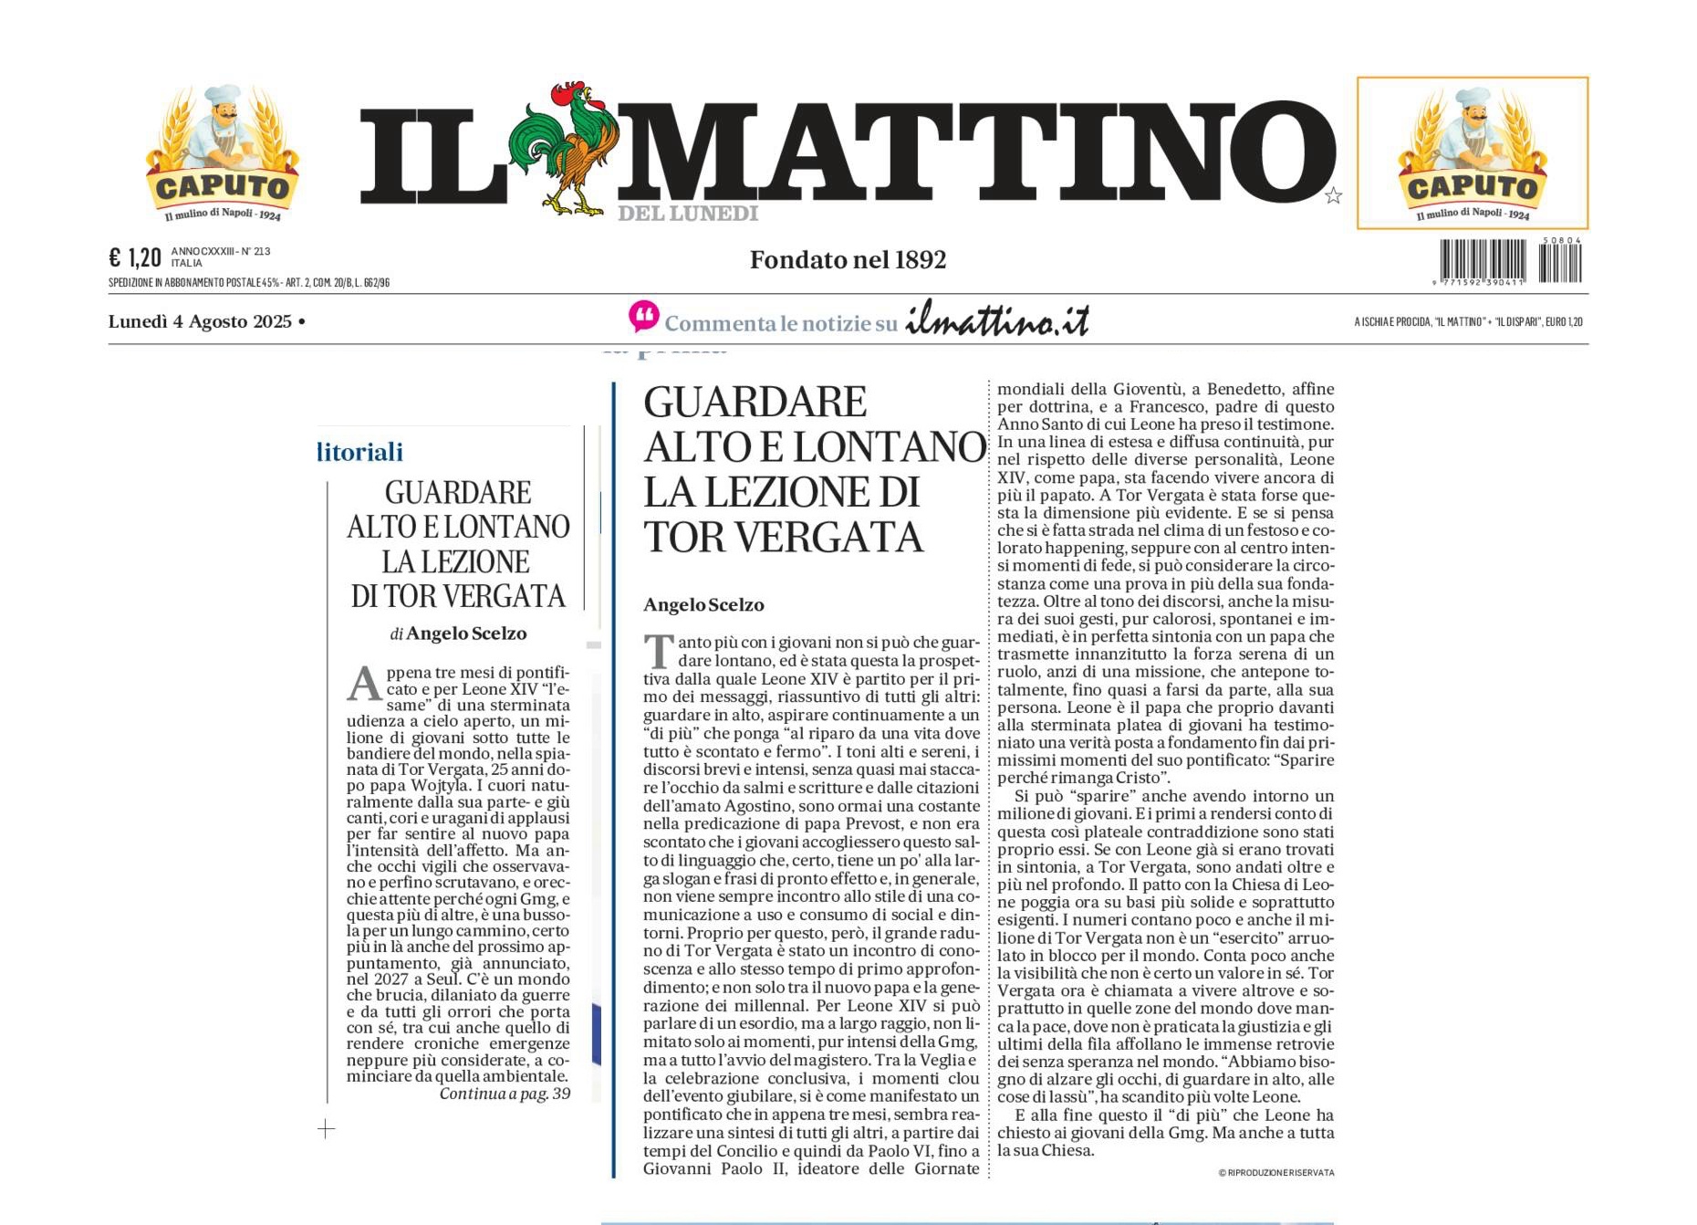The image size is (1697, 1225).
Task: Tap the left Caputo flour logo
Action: (222, 153)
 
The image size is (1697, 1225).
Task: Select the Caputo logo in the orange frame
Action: (1472, 153)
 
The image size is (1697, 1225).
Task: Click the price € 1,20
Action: (134, 257)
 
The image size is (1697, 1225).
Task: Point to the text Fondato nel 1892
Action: (848, 260)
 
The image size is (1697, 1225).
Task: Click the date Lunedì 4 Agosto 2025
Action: (200, 321)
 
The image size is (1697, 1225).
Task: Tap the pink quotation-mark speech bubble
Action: (643, 317)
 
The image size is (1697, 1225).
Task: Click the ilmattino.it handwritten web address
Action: (997, 319)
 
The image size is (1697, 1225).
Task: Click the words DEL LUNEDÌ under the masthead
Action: (688, 214)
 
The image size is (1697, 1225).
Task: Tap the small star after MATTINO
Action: (1333, 195)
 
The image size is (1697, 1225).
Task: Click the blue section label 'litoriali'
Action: (360, 452)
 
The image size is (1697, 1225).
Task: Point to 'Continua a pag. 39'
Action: (505, 1094)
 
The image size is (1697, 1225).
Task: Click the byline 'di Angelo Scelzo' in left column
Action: (458, 633)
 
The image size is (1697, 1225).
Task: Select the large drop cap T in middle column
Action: (658, 652)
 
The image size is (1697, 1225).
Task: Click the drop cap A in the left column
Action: (363, 683)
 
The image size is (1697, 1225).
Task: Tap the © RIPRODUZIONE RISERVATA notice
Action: (1275, 1173)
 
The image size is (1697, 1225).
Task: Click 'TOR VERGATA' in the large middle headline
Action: (783, 537)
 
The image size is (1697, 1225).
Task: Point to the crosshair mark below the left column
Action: (326, 1129)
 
